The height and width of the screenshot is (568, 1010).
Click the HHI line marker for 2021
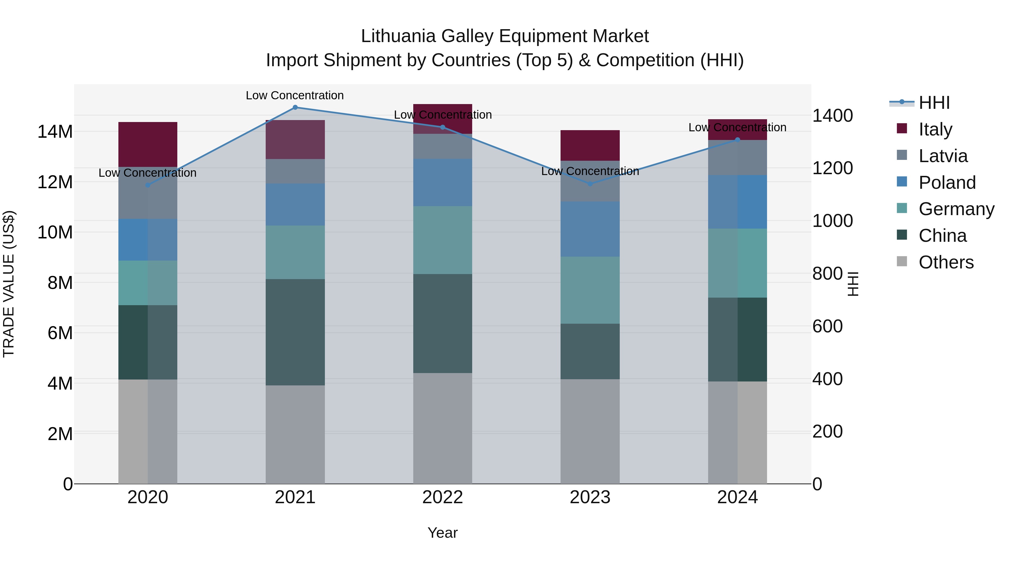[295, 107]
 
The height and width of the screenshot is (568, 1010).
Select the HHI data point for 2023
[590, 184]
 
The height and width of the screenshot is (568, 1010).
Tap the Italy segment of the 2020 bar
[148, 144]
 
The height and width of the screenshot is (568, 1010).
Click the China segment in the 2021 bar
[295, 332]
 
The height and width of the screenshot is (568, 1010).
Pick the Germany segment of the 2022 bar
[443, 240]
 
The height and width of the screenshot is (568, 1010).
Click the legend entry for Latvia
[943, 156]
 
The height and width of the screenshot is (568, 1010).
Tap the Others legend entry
[946, 262]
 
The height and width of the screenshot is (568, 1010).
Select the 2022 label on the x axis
[443, 497]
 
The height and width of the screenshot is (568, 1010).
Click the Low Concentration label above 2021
[295, 95]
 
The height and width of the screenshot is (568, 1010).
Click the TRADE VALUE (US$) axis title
[9, 284]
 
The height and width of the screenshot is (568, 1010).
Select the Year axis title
[443, 533]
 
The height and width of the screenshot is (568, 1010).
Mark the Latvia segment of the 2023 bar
[590, 181]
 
